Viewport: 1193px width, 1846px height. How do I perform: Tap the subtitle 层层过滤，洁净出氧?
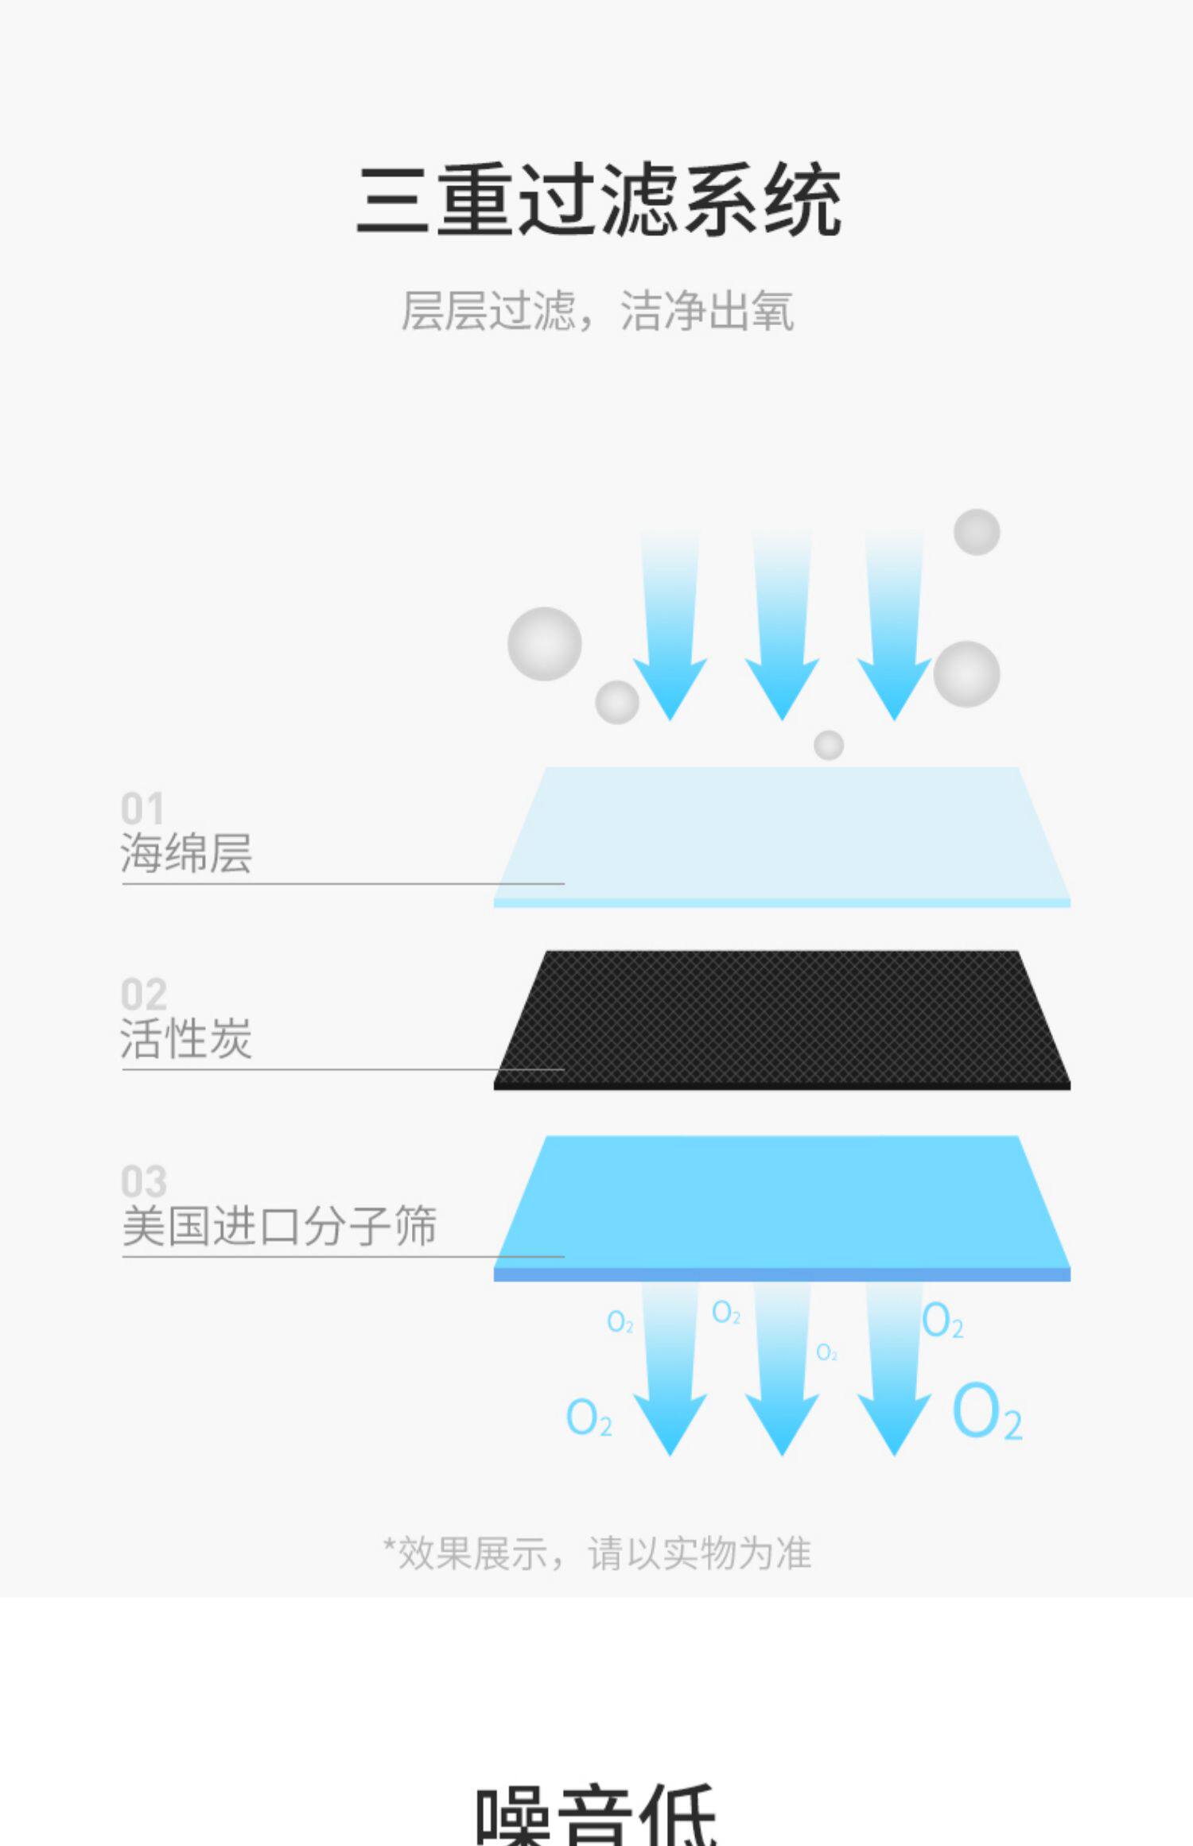click(597, 311)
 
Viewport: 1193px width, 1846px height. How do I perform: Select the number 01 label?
click(142, 809)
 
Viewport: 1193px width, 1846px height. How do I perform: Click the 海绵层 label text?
click(186, 854)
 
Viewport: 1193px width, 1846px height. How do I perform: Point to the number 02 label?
click(143, 995)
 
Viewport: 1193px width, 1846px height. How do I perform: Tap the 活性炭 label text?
click(186, 1039)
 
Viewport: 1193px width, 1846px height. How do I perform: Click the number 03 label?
click(143, 1181)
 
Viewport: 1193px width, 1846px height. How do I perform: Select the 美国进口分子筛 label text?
click(279, 1226)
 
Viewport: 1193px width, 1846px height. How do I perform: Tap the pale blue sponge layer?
click(782, 835)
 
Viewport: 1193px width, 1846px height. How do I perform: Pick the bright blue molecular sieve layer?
click(782, 1204)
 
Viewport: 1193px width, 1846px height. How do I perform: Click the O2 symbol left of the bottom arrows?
click(589, 1417)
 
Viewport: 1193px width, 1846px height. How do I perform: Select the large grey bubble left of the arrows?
click(545, 644)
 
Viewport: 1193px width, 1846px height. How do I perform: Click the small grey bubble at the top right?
click(977, 532)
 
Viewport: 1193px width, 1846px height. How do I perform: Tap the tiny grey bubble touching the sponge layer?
click(829, 745)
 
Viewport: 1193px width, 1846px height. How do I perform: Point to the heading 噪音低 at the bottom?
click(596, 1817)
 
